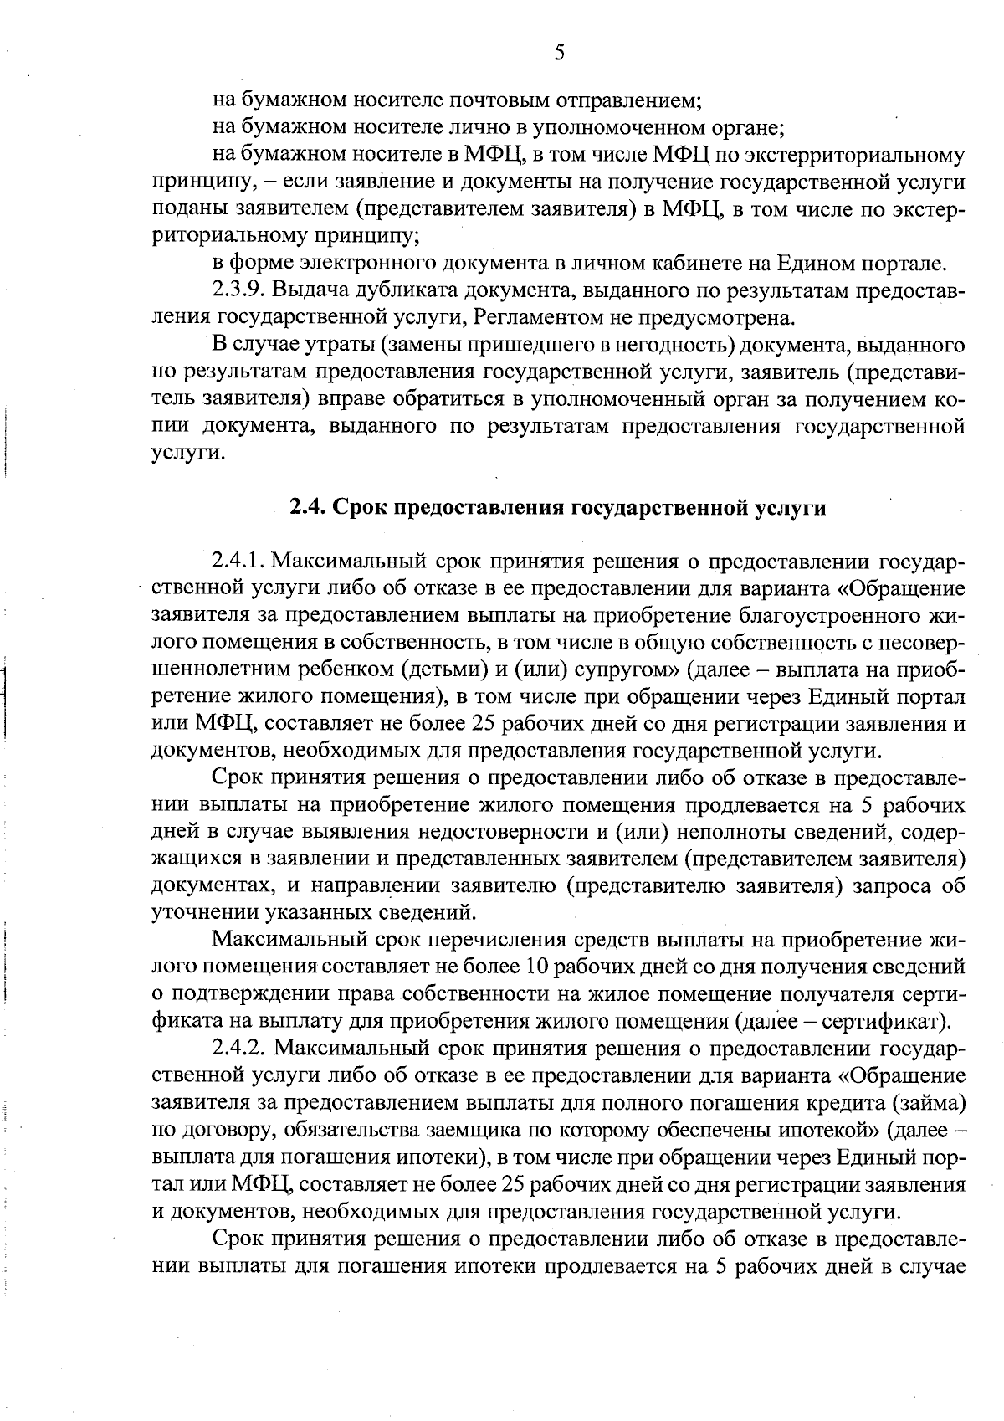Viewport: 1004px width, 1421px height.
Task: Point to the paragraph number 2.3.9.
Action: click(238, 290)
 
